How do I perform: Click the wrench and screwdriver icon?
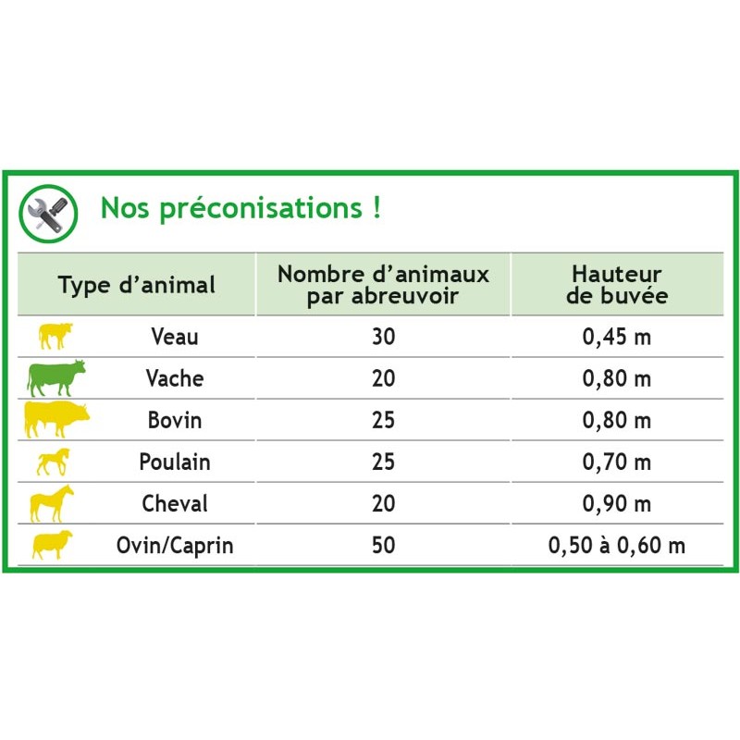tap(48, 214)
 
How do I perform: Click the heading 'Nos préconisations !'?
tap(240, 208)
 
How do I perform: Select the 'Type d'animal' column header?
tap(137, 285)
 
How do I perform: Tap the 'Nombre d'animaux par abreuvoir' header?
tap(383, 285)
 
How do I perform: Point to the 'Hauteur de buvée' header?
tap(617, 285)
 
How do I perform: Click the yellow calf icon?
tap(55, 336)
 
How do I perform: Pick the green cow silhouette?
tap(56, 378)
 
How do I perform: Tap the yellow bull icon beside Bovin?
tap(56, 419)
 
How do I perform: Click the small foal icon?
tap(54, 462)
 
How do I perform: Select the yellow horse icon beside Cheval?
tap(52, 503)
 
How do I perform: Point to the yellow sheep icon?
tap(53, 545)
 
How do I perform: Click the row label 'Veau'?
tap(175, 337)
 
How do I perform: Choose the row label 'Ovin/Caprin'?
tap(175, 546)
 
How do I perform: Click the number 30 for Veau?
tap(383, 337)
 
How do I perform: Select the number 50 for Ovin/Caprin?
tap(383, 545)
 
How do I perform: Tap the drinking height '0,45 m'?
tap(617, 337)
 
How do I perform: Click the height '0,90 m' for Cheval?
tap(617, 503)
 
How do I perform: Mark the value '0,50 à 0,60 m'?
tap(617, 545)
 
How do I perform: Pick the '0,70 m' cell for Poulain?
tap(617, 462)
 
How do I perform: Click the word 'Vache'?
tap(175, 378)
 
